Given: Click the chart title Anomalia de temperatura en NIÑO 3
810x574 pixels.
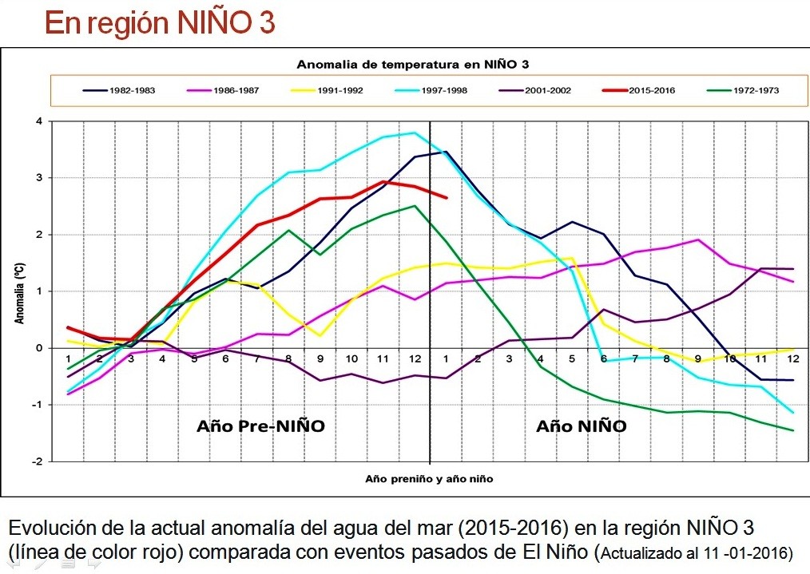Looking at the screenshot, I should [413, 64].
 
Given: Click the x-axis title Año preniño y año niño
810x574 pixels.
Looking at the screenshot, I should [429, 479].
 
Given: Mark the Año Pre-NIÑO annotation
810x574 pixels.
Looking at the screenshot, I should [260, 426].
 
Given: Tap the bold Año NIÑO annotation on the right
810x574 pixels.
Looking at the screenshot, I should [581, 426].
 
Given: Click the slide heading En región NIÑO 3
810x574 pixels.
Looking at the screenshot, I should [160, 23].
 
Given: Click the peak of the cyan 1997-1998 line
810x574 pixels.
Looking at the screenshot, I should [415, 133].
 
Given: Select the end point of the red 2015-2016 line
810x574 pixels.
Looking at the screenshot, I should [446, 197].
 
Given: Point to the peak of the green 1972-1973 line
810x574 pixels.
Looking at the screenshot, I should [415, 206].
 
